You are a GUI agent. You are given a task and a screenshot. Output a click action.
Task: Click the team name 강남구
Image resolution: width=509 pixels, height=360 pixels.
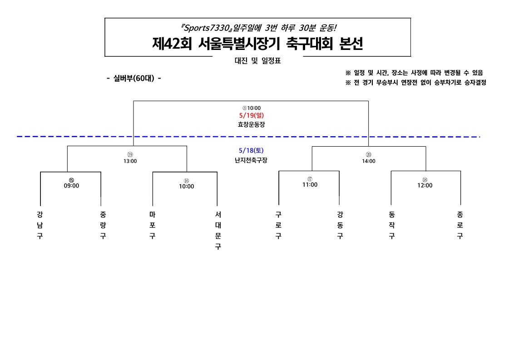(x=40, y=225)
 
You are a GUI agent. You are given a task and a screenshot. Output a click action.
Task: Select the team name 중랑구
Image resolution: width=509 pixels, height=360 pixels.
(x=103, y=225)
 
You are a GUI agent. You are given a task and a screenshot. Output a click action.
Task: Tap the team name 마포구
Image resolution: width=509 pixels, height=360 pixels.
(x=152, y=225)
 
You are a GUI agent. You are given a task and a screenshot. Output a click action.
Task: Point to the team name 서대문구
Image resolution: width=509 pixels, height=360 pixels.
(x=217, y=230)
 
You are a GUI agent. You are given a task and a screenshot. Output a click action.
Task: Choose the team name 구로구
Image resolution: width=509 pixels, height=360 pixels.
(x=278, y=225)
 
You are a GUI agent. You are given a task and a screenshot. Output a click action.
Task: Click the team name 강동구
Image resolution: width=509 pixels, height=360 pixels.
(x=340, y=225)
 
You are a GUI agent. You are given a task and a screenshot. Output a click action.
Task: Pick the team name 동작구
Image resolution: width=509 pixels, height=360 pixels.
(x=391, y=225)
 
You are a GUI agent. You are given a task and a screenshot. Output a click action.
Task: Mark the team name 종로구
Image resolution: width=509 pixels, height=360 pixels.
(x=460, y=225)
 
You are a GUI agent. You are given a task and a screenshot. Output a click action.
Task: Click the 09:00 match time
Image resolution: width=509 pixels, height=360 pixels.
(x=71, y=186)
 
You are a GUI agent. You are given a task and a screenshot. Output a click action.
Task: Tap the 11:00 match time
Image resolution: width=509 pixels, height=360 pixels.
(x=310, y=185)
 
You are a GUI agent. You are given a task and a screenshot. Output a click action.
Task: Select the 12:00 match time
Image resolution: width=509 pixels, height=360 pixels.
(x=425, y=185)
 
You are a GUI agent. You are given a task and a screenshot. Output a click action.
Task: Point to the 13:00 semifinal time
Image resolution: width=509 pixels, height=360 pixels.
(x=130, y=161)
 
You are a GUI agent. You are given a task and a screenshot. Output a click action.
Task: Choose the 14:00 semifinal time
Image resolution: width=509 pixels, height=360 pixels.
(x=368, y=161)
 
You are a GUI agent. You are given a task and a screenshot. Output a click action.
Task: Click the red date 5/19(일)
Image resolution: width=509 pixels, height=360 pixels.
(x=251, y=115)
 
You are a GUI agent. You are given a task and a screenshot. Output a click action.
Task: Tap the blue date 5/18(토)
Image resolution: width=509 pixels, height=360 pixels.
(x=251, y=150)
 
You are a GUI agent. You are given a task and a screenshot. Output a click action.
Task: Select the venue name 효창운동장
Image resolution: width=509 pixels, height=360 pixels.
(x=251, y=124)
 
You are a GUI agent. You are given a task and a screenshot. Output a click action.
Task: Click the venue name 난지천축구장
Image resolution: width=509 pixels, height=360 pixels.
(x=251, y=159)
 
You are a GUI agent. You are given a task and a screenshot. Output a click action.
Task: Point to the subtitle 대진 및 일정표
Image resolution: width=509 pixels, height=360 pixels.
(x=257, y=61)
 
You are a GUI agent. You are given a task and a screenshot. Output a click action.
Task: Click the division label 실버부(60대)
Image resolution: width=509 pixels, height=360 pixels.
(x=134, y=78)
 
